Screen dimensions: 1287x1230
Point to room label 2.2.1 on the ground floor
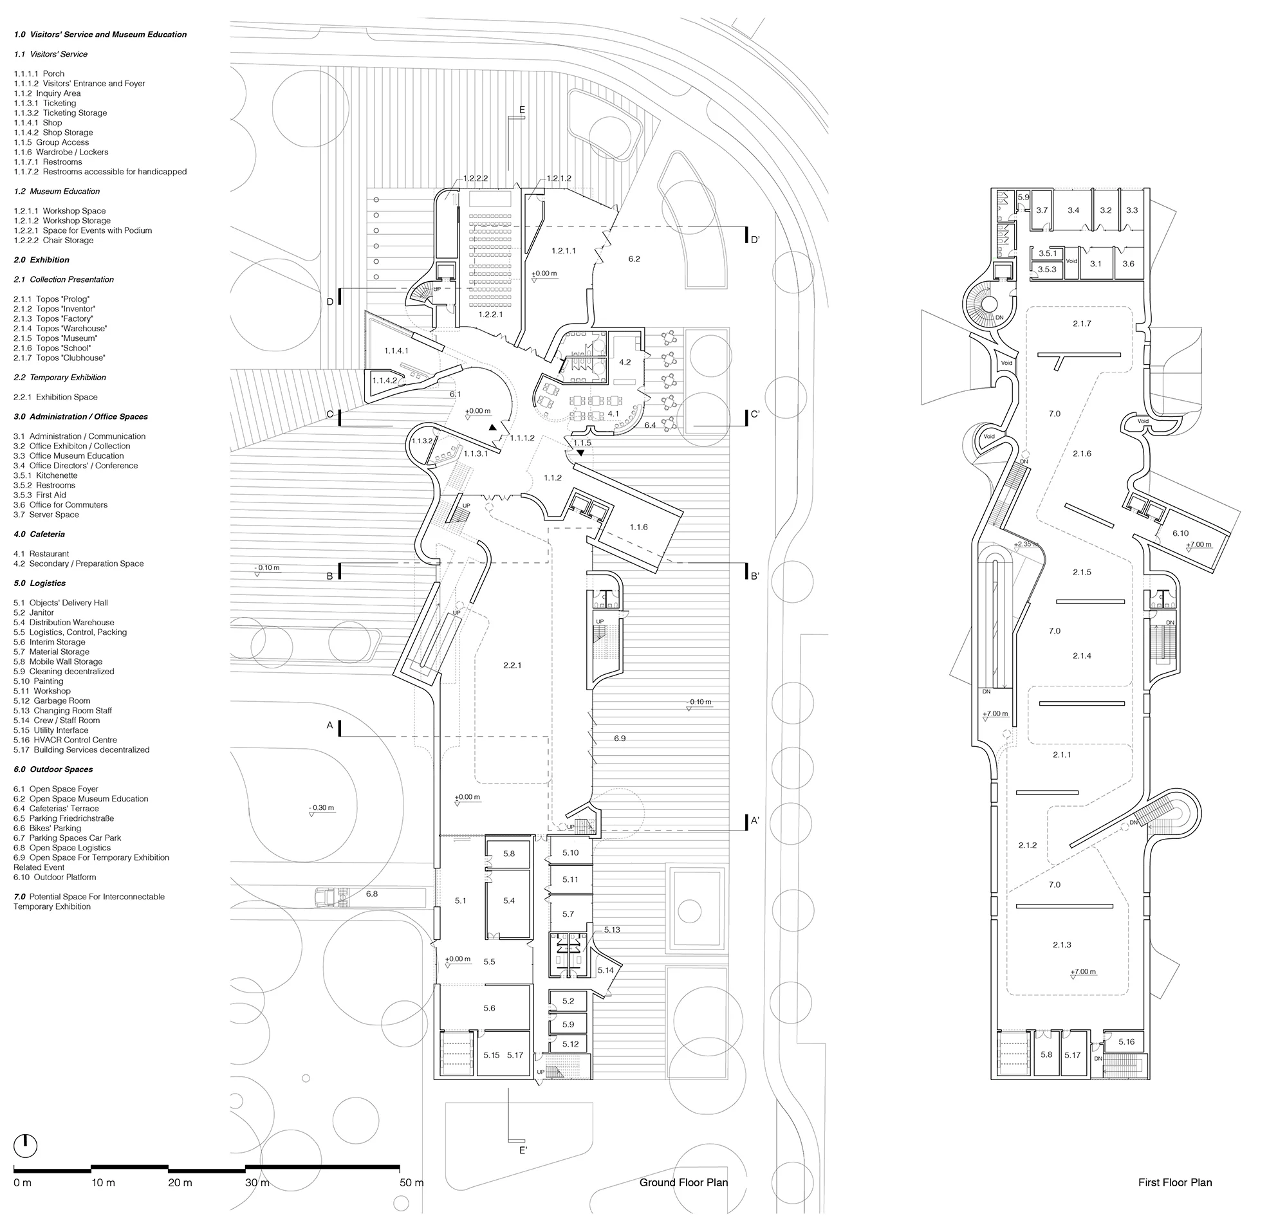(512, 665)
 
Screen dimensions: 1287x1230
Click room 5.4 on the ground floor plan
(509, 900)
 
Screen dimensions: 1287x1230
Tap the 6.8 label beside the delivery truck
(372, 893)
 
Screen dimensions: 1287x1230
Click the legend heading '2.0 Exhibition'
(41, 260)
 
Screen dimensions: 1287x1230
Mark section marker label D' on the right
(755, 240)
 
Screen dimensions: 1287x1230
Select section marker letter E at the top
(522, 109)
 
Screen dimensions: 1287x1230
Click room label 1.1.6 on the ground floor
(638, 526)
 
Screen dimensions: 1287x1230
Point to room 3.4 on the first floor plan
(1073, 210)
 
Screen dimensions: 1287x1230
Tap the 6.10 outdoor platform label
(1180, 533)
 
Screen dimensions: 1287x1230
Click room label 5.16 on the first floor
(1126, 1041)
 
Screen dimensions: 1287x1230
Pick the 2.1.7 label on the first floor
(1082, 323)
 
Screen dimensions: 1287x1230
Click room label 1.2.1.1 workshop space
(564, 250)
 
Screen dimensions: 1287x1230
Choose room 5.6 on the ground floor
(489, 1007)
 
